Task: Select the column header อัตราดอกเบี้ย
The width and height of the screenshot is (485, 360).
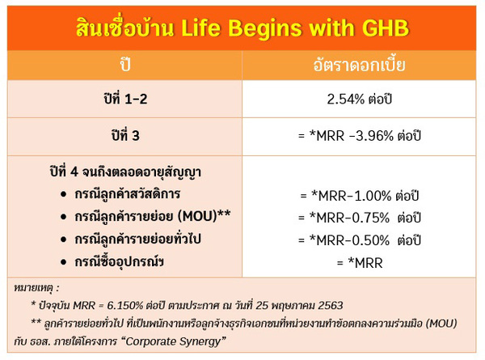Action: click(359, 65)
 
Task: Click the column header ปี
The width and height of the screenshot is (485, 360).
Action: click(125, 65)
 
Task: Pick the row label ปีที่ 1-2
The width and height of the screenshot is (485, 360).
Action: click(125, 99)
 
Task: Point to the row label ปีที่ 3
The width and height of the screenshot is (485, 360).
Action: click(125, 135)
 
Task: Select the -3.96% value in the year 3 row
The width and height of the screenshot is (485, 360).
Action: click(372, 136)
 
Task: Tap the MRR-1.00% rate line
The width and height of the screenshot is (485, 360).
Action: click(360, 196)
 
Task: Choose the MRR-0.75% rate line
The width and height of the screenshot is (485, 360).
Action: click(360, 218)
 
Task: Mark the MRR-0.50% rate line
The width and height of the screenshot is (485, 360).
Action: click(360, 240)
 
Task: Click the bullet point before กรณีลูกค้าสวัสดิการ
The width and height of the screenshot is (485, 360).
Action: click(64, 194)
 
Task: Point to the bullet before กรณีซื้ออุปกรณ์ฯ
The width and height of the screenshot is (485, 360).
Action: click(64, 262)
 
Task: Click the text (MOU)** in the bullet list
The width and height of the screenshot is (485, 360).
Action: click(205, 216)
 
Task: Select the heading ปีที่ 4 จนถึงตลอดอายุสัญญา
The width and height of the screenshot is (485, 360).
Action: click(125, 172)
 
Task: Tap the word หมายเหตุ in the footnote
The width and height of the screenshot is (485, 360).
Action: click(33, 288)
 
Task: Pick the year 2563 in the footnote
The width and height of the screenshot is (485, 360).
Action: click(331, 306)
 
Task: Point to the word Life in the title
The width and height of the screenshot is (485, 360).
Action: click(200, 28)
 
